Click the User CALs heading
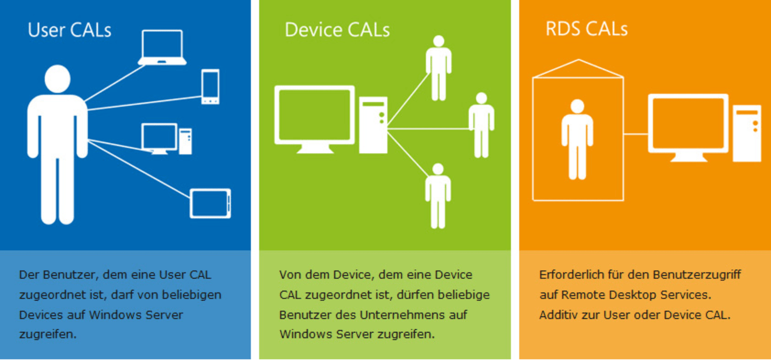click(x=69, y=30)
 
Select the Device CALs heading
click(x=337, y=30)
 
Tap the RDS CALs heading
click(x=586, y=29)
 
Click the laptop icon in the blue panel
click(x=162, y=47)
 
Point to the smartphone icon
click(x=210, y=86)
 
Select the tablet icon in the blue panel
click(x=210, y=203)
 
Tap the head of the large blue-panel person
click(x=58, y=78)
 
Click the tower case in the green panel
click(x=373, y=125)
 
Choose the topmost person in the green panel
click(x=439, y=68)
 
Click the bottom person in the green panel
click(x=438, y=196)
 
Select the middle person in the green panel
click(x=481, y=125)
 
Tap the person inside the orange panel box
click(x=577, y=139)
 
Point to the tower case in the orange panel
click(x=746, y=133)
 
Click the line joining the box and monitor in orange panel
click(x=635, y=134)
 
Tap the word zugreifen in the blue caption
click(x=46, y=335)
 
